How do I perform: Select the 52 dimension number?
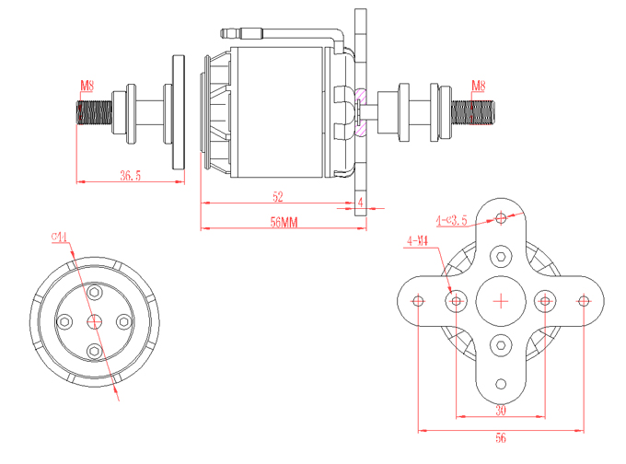277,196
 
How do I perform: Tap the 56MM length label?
282,221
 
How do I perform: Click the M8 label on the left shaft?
87,87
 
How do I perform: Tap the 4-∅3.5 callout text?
452,219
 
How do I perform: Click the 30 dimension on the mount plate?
501,410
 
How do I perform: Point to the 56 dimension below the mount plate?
501,439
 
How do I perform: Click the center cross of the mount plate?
501,300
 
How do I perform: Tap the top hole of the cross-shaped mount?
501,218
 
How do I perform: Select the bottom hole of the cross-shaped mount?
501,383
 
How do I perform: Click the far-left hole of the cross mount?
419,300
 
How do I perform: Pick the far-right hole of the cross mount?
583,300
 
